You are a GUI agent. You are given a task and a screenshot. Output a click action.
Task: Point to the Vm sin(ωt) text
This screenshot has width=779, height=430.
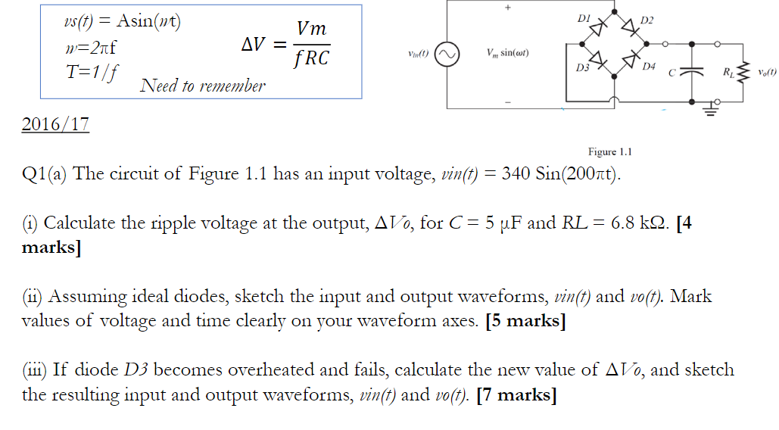coord(506,55)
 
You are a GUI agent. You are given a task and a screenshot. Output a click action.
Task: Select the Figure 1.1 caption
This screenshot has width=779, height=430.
coord(609,152)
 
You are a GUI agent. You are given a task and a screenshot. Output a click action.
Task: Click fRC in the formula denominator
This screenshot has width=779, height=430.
coord(311,59)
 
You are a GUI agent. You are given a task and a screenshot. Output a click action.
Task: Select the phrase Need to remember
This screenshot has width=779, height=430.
coord(203,86)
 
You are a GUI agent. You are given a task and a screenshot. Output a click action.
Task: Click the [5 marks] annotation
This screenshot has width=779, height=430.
coord(526,321)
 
